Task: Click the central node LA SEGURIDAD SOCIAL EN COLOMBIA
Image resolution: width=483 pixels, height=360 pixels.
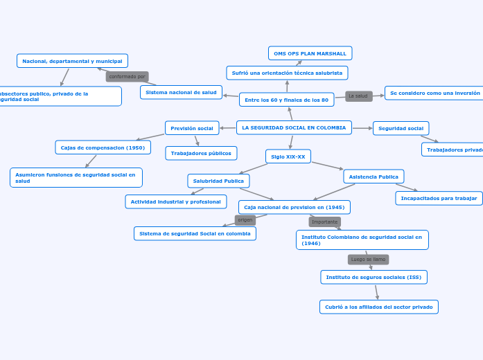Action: click(x=294, y=127)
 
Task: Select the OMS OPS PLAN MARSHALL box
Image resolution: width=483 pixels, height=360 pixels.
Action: click(x=310, y=53)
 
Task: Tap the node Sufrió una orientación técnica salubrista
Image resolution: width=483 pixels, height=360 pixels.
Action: click(x=287, y=73)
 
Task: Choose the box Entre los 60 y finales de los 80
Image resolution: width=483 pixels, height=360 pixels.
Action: click(x=286, y=100)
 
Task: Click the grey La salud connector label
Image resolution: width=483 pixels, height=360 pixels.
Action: click(x=358, y=96)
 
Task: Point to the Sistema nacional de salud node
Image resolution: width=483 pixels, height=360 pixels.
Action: click(x=181, y=92)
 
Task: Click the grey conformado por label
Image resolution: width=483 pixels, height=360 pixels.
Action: click(x=127, y=77)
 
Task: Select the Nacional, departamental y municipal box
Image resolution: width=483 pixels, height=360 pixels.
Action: click(x=72, y=61)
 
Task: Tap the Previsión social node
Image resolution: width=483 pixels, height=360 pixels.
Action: click(x=192, y=128)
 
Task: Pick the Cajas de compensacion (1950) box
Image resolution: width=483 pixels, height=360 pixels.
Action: click(x=103, y=147)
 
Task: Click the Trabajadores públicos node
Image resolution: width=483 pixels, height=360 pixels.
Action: click(x=201, y=153)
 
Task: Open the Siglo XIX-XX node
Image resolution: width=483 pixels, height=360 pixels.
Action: click(x=288, y=156)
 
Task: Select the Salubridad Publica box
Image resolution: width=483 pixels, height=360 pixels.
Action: click(x=218, y=181)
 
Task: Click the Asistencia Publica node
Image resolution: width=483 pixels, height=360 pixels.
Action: click(x=374, y=177)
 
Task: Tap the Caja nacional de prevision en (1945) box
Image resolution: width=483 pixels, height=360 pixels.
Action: click(x=294, y=207)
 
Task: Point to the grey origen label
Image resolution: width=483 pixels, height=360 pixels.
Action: click(x=245, y=220)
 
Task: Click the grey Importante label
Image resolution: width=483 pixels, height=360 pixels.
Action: click(x=324, y=222)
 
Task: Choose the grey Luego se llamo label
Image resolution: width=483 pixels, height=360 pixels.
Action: click(x=368, y=260)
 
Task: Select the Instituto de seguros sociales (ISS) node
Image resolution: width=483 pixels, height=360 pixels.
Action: click(x=374, y=277)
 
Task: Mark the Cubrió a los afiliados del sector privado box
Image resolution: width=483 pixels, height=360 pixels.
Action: click(x=378, y=307)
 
